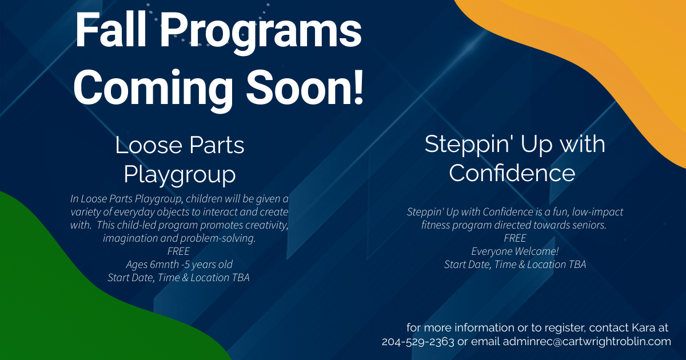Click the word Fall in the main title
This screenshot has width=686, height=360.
coord(110,30)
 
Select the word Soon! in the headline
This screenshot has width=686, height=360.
coord(305,87)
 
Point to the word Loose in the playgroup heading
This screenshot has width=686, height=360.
coord(149,145)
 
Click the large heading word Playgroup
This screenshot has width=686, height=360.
coord(180,175)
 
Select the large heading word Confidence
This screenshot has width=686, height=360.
coord(512,173)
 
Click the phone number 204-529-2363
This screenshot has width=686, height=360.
coord(418,341)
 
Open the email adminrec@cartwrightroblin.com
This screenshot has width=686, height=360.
coord(587,341)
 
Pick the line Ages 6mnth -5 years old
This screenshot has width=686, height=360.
coord(179,265)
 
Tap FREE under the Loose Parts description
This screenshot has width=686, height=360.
coord(178,251)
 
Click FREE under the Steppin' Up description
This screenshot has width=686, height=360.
coord(515,238)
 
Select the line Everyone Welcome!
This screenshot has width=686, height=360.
coord(515,251)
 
